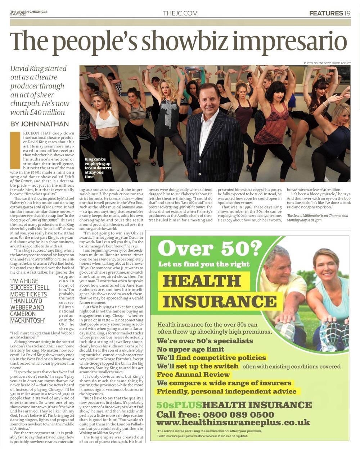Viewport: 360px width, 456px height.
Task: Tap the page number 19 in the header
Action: coord(347,13)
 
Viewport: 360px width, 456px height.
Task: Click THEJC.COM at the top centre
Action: coord(180,13)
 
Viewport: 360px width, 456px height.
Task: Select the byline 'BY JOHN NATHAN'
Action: coord(40,124)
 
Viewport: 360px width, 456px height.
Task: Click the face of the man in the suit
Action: coord(208,101)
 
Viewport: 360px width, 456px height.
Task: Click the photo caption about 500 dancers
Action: coord(98,168)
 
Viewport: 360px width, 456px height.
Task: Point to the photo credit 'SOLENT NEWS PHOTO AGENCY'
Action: coord(327,63)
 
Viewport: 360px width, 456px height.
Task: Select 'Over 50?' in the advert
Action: coord(210,248)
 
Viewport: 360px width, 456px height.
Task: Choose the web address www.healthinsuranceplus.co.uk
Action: coord(233,423)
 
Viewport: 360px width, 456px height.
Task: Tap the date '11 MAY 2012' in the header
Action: coord(18,14)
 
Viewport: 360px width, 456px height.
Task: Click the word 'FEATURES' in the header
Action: coord(326,13)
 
